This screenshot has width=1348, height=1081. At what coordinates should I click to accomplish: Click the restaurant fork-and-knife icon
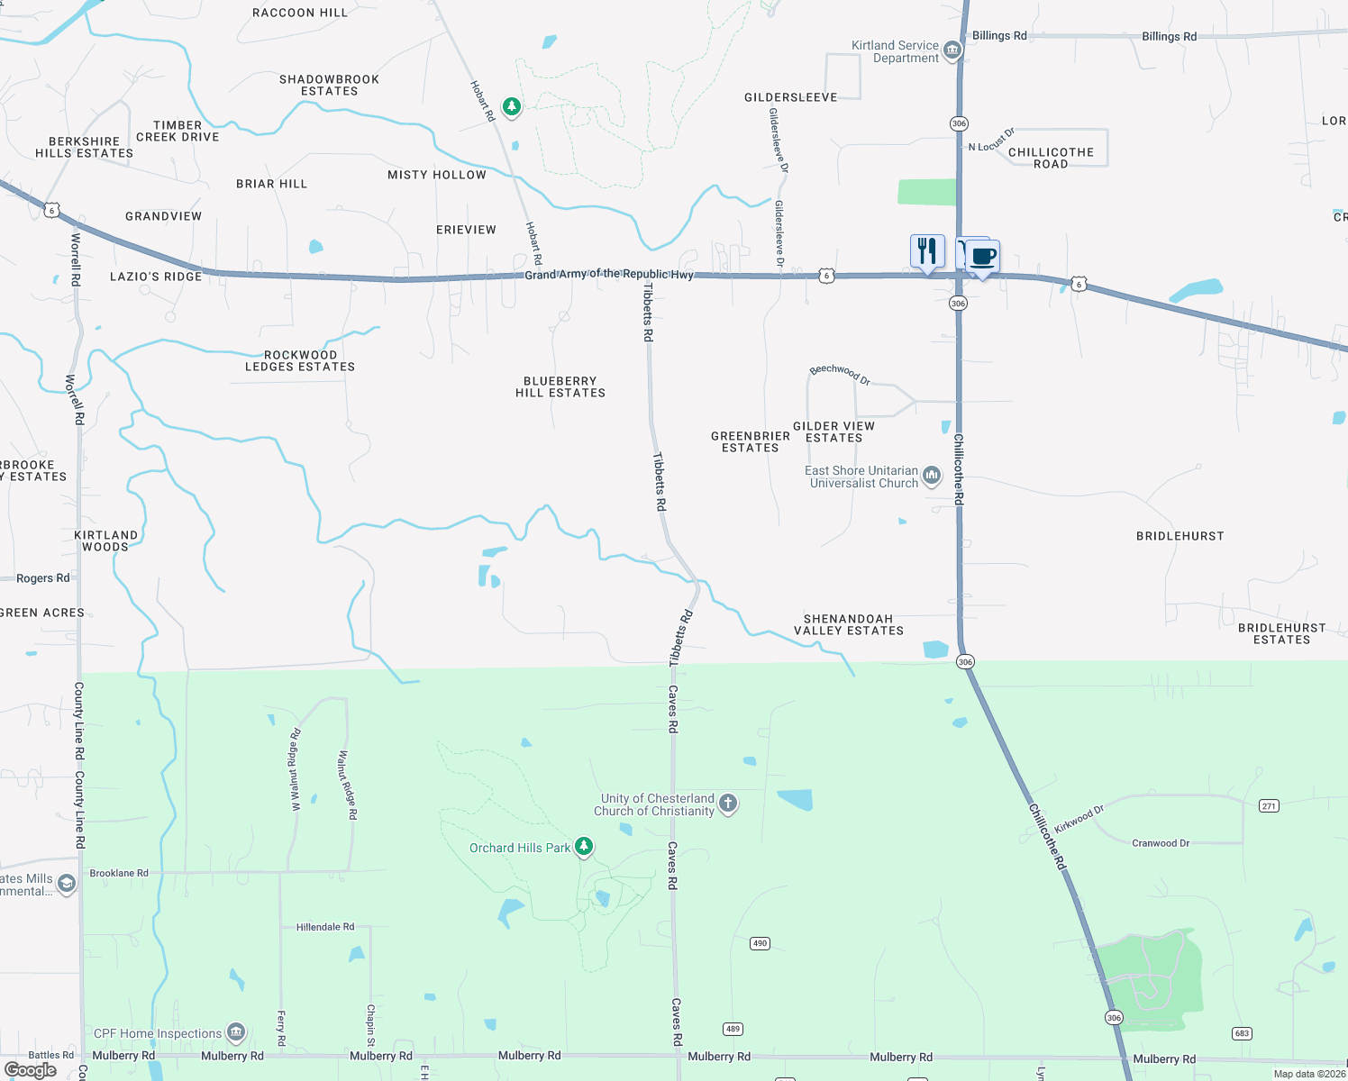coord(927,251)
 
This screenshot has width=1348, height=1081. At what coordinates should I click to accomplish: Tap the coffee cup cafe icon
coord(983,257)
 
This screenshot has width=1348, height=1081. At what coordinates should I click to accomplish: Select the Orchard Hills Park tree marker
coord(584,846)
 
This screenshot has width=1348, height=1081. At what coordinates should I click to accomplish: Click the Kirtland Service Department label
coord(895,51)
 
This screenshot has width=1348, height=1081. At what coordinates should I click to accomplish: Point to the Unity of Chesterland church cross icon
coord(728,803)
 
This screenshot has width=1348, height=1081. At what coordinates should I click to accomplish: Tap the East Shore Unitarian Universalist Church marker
coord(932,474)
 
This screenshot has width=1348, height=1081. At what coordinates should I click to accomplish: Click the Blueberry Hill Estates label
coord(560,387)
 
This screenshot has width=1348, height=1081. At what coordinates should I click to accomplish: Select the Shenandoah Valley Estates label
coord(849,625)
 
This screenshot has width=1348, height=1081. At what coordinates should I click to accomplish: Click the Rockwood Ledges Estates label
coord(300,361)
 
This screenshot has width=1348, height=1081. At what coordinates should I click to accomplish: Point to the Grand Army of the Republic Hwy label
coord(609,274)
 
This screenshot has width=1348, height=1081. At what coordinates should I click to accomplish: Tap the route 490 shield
coord(760,943)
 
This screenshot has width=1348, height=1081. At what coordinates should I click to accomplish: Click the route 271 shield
coord(1269,806)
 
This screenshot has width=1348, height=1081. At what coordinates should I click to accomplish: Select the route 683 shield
coord(1243,1033)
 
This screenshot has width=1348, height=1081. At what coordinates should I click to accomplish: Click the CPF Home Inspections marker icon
coord(236,1031)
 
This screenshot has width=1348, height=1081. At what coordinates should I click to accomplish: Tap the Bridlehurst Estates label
coord(1281,634)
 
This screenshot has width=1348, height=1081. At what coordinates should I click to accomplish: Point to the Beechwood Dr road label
coord(840,374)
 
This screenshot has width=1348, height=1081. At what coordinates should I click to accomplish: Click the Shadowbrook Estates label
coord(329,86)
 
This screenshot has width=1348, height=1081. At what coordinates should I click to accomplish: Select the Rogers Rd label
coord(42,578)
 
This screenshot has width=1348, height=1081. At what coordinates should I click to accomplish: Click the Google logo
coord(31,1070)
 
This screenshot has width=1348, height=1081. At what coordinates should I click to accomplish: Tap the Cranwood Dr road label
coord(1160,843)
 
